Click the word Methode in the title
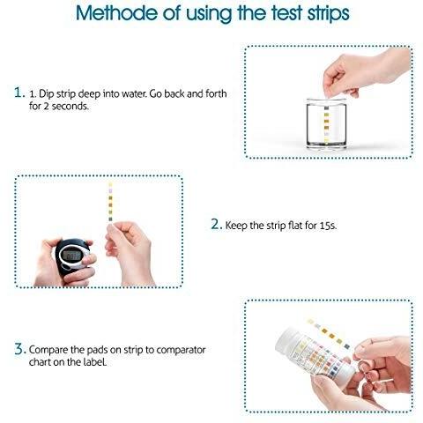[x=117, y=12]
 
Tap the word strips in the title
[x=329, y=13]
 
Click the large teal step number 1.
[x=19, y=93]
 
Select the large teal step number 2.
[x=217, y=224]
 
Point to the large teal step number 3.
[x=20, y=349]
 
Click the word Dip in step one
[x=46, y=94]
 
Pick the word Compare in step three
[x=48, y=350]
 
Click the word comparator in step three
[x=181, y=350]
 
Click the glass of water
[x=326, y=123]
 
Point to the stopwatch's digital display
[x=72, y=256]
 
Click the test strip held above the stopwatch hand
[x=110, y=203]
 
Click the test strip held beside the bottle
[x=329, y=334]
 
